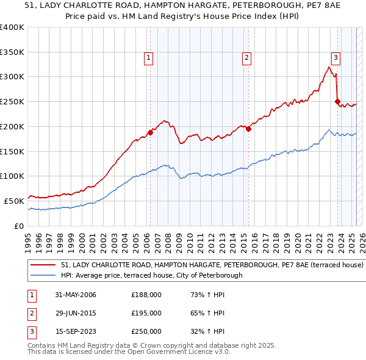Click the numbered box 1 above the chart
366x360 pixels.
tap(149, 58)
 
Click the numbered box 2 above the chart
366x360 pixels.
tap(246, 58)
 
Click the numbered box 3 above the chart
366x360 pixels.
tap(335, 58)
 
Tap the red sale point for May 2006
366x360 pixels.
tap(150, 132)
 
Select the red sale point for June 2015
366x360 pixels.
tap(248, 129)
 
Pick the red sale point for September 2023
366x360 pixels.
tap(337, 102)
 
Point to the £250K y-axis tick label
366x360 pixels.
tap(12, 102)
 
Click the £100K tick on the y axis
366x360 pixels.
tap(12, 176)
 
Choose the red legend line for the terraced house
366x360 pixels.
tap(43, 265)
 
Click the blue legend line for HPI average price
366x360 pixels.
tap(43, 275)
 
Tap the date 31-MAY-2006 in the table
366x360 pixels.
tap(75, 295)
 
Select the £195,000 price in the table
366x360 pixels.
tap(146, 313)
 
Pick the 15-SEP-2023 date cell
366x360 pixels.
tap(75, 331)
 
